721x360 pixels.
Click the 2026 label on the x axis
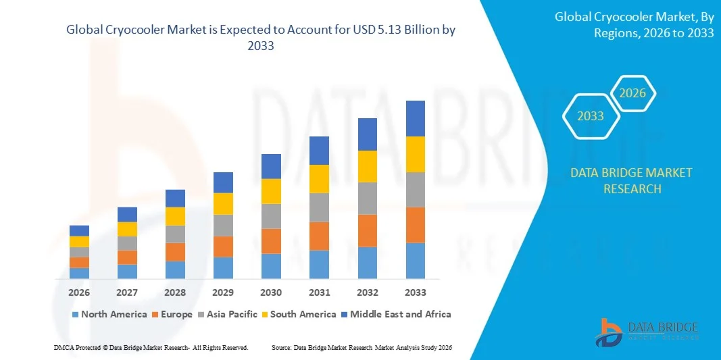coord(79,292)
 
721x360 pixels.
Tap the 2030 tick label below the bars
coord(271,292)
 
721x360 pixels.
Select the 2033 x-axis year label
coord(415,292)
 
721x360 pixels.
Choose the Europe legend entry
coord(172,314)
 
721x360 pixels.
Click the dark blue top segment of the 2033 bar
coord(415,118)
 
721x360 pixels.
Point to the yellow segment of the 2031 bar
coord(319,179)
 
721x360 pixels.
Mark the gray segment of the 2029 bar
coord(223,225)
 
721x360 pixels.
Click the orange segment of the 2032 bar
coord(367,230)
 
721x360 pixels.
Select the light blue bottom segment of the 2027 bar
coord(127,271)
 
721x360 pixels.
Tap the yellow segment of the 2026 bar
coord(79,241)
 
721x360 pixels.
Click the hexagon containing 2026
coord(632,93)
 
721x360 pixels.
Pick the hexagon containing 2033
coord(590,116)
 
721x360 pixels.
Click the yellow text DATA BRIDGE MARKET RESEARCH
coord(631,180)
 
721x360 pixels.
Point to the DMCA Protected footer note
coord(151,347)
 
